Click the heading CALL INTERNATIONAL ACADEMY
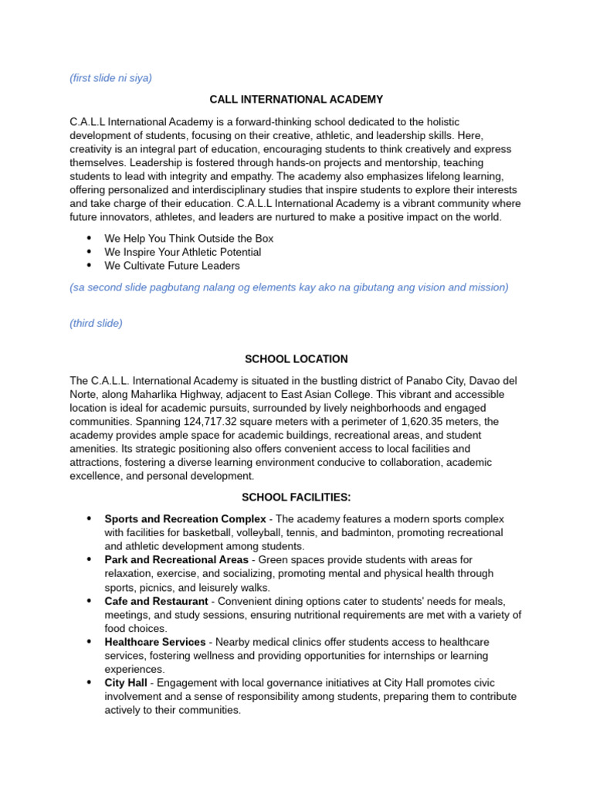point(296,100)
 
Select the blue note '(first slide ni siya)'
point(110,78)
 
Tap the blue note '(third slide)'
point(96,323)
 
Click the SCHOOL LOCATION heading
point(296,359)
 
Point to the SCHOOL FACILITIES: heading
point(296,497)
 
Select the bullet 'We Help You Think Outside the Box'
point(188,239)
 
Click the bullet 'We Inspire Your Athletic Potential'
point(182,252)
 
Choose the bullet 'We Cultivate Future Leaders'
point(172,266)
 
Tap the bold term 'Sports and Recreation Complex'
point(185,518)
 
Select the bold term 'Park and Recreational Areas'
point(176,559)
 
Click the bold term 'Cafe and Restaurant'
point(156,601)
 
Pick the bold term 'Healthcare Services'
point(154,642)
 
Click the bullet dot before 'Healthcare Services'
point(89,642)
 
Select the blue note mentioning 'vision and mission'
point(289,287)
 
